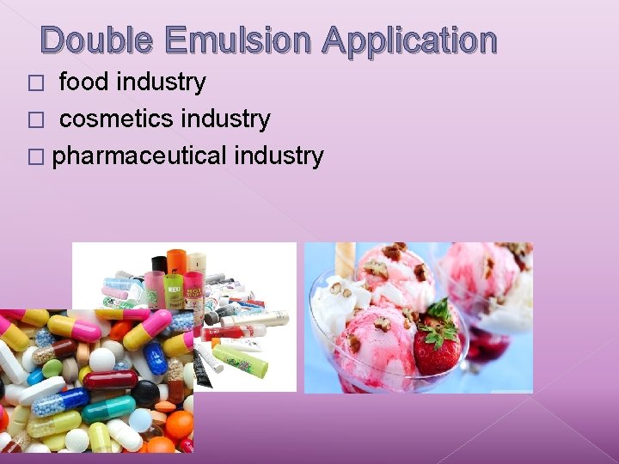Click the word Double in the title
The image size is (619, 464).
(97, 40)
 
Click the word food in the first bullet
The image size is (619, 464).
(83, 82)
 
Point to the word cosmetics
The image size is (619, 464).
(109, 119)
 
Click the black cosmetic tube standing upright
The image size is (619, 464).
(159, 266)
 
